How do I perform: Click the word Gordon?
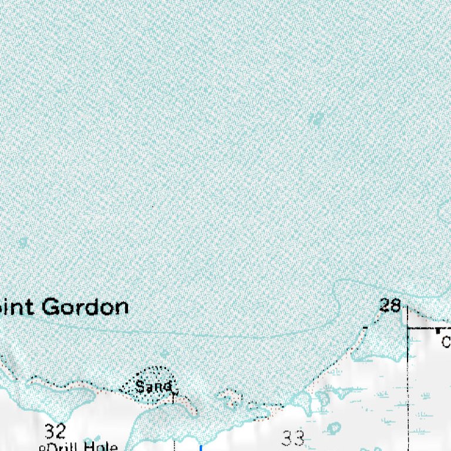(x=86, y=307)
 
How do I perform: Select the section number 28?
(x=389, y=305)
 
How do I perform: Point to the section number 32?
(x=55, y=432)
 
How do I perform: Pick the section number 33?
(x=292, y=438)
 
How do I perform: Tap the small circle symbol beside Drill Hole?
(x=42, y=448)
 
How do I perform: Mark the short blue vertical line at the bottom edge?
(x=201, y=448)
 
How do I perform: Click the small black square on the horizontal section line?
(x=437, y=331)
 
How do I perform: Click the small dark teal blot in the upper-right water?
(x=317, y=120)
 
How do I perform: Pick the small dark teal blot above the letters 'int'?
(x=23, y=242)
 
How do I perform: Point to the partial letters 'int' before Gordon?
(x=14, y=307)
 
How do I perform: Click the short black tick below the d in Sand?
(x=173, y=398)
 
